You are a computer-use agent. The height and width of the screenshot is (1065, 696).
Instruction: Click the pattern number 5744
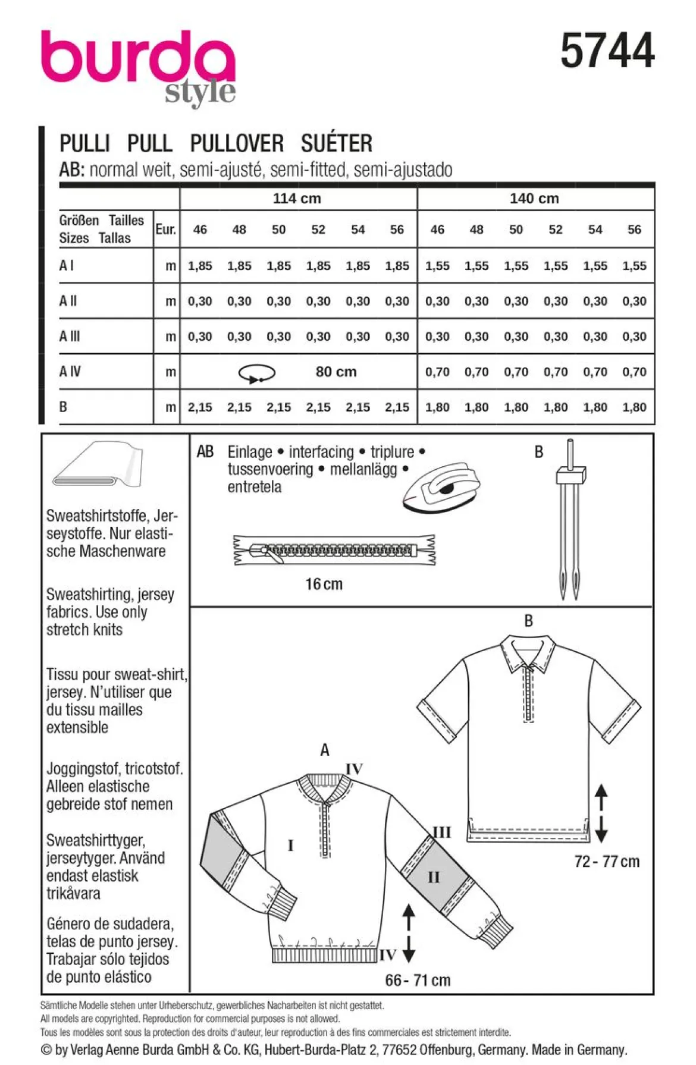607,51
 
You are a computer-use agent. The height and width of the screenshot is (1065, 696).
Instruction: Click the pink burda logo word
138,60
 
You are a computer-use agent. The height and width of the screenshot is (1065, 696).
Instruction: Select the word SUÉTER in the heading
337,143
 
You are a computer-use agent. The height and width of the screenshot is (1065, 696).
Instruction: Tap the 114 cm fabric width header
297,199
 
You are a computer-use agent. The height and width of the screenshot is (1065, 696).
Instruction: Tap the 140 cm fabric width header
534,199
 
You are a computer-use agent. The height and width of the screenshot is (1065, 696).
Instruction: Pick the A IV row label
70,372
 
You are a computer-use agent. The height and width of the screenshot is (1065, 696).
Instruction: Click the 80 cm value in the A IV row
336,372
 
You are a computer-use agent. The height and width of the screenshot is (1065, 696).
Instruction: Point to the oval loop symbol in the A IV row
256,373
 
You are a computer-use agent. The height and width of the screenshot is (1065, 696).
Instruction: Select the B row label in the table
63,407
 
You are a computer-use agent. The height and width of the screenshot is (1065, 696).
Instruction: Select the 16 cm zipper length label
324,584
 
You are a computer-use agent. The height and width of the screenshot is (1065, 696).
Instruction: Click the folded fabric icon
98,464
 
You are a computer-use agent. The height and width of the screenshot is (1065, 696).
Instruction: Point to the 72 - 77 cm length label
607,861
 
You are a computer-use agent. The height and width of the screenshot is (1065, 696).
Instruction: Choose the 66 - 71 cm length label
418,980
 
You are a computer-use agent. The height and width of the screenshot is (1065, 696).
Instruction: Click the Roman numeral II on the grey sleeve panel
434,876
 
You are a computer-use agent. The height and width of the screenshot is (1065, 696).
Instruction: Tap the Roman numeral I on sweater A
290,845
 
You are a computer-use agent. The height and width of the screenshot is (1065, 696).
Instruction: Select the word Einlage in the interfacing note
250,452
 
